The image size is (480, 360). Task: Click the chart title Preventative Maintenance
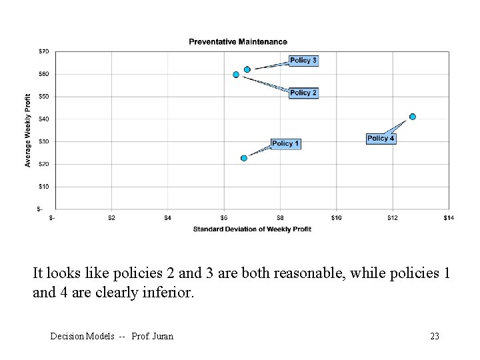(238, 41)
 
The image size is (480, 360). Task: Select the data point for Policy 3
(247, 69)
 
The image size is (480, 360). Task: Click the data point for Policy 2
(236, 75)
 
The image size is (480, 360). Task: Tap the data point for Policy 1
(244, 158)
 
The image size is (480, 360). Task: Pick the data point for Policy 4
(413, 117)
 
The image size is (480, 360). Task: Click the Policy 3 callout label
(303, 61)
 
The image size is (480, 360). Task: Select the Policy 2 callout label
(303, 93)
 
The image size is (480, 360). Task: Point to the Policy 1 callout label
(285, 143)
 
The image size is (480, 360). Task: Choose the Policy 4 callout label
(381, 139)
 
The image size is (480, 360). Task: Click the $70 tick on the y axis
(43, 51)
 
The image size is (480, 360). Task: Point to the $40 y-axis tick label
(43, 119)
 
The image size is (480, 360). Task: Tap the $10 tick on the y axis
(43, 187)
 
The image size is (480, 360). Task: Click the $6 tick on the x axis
(224, 217)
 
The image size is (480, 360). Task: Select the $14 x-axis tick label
(448, 217)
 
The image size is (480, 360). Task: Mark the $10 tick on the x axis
(336, 217)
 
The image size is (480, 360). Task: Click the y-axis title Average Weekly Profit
(28, 130)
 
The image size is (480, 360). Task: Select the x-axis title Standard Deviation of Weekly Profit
(252, 229)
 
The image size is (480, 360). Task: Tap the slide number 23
(435, 336)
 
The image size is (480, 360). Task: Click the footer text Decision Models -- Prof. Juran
(112, 336)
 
